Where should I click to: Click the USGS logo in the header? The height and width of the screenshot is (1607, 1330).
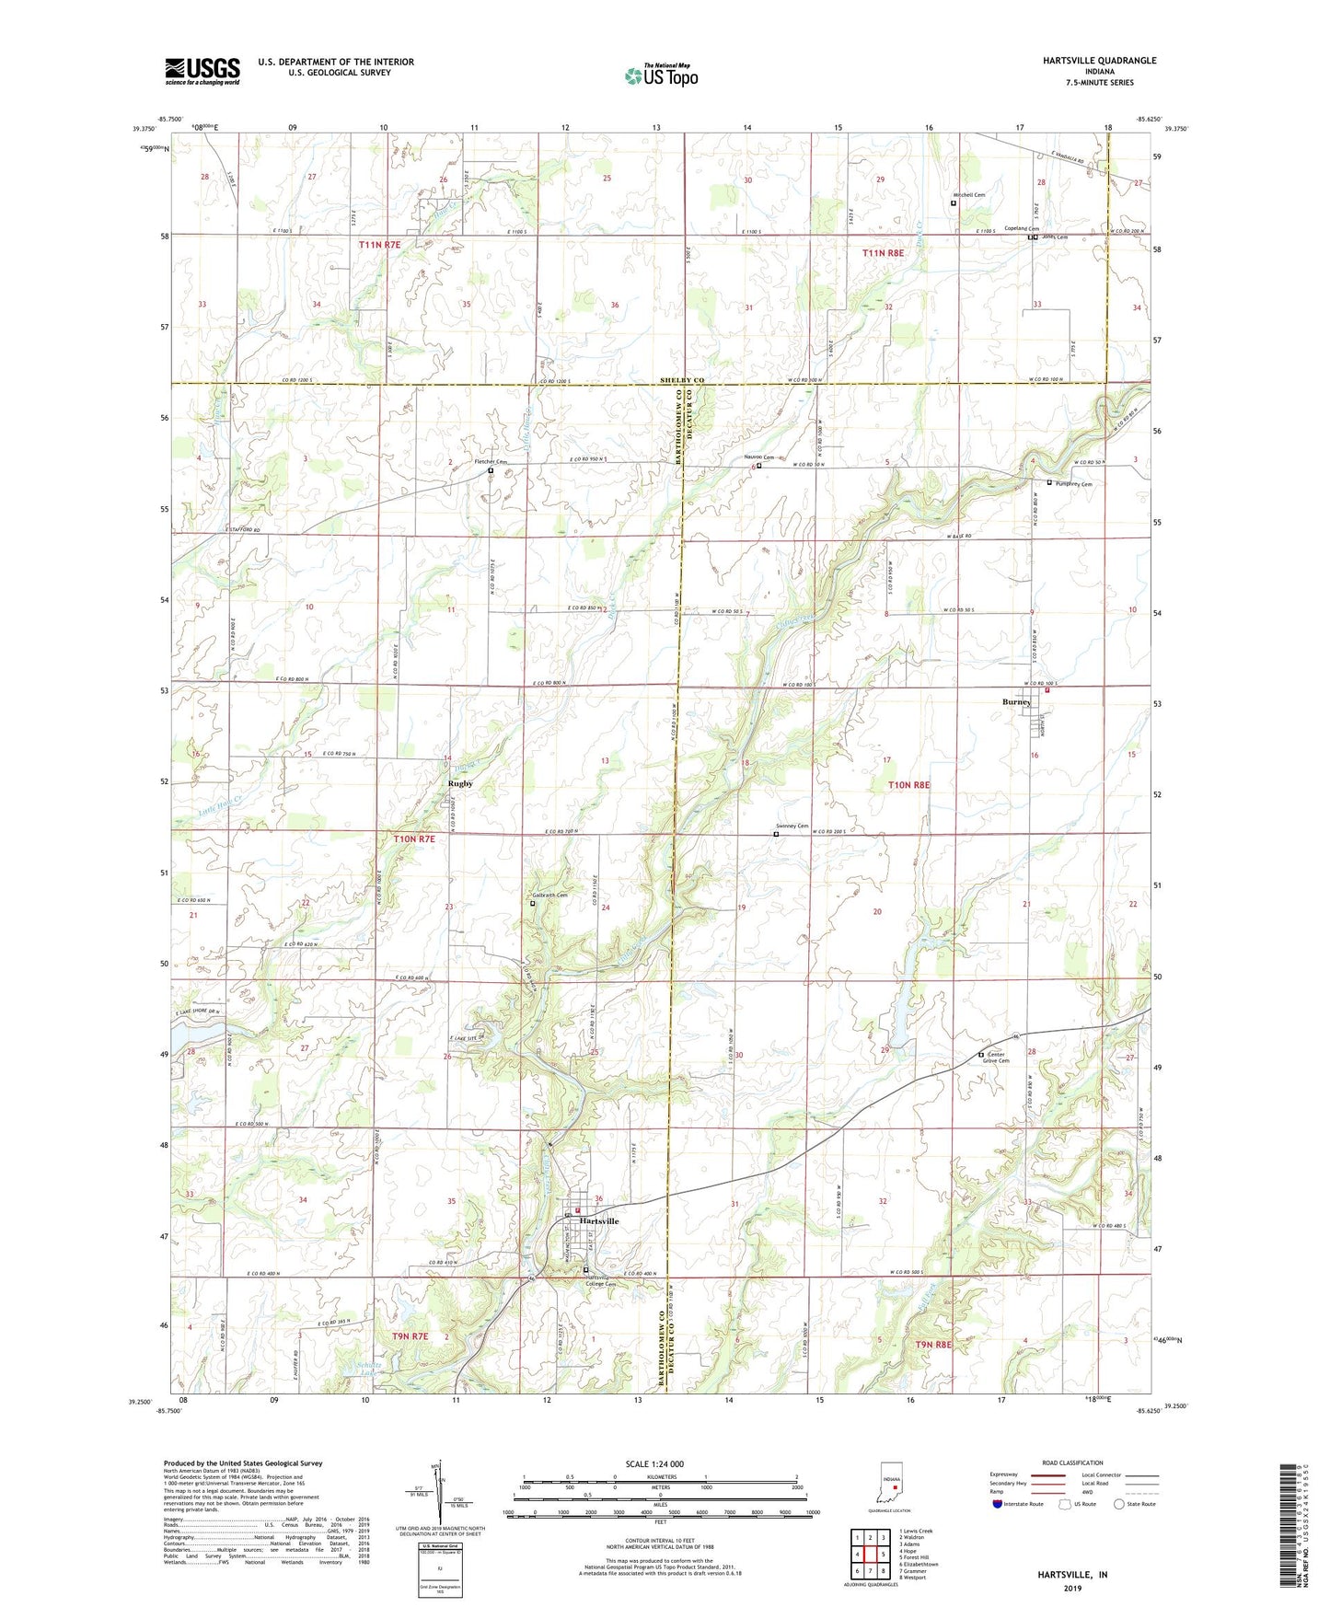tap(202, 71)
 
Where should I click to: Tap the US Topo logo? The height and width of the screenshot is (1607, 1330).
tap(661, 75)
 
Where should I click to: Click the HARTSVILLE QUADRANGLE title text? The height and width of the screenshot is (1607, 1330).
tap(1099, 61)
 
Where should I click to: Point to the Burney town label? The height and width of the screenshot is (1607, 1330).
tap(1016, 702)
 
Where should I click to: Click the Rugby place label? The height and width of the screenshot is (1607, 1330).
tap(460, 783)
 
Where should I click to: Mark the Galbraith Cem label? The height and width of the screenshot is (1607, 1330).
tap(549, 895)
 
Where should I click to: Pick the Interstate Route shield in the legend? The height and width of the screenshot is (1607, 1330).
tap(998, 1505)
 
